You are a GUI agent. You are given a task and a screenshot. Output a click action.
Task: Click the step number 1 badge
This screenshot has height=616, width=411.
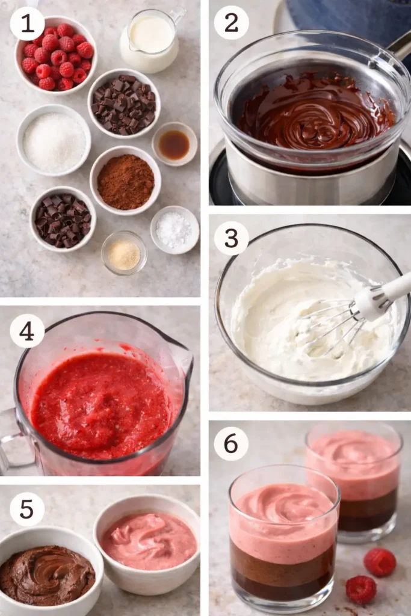(x=27, y=23)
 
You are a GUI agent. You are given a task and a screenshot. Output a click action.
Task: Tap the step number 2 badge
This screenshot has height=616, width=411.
(x=232, y=23)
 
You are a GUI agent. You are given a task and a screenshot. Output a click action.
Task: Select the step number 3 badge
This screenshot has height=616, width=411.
(x=232, y=238)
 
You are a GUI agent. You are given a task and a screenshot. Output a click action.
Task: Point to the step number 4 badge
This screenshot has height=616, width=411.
(x=27, y=331)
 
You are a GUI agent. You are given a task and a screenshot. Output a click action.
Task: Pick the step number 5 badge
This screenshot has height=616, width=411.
(x=27, y=509)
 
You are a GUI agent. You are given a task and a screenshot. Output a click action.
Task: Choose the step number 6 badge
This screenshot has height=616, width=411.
(x=232, y=444)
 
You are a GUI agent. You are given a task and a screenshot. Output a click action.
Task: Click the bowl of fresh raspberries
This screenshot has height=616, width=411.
(x=56, y=56)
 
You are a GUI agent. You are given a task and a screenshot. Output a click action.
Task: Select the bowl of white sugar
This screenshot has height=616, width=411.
(x=54, y=141)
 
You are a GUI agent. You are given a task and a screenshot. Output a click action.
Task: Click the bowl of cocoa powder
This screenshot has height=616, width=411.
(x=125, y=181)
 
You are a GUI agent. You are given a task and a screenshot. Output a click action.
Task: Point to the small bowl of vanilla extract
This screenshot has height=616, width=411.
(x=175, y=144)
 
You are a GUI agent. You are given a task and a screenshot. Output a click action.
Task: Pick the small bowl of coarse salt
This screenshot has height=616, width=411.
(x=175, y=230)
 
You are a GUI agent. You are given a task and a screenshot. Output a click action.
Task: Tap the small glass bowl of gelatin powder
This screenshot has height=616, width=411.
(x=124, y=253)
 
